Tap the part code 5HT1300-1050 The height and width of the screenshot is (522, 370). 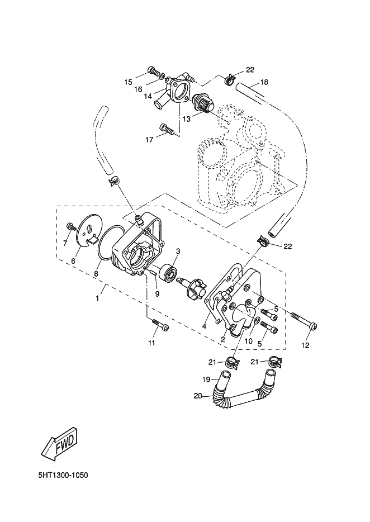(63, 475)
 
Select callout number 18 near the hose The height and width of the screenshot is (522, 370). (264, 82)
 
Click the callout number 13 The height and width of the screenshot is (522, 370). (187, 119)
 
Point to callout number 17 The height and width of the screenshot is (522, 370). (150, 140)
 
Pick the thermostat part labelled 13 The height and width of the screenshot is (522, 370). (202, 102)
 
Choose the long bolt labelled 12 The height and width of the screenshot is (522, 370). (303, 321)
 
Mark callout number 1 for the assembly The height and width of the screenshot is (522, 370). (97, 298)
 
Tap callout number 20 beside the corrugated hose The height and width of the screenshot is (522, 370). (197, 396)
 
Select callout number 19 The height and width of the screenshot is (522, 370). (206, 379)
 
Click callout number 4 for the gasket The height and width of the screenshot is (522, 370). (204, 326)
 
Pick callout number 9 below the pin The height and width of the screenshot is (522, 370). (157, 293)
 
